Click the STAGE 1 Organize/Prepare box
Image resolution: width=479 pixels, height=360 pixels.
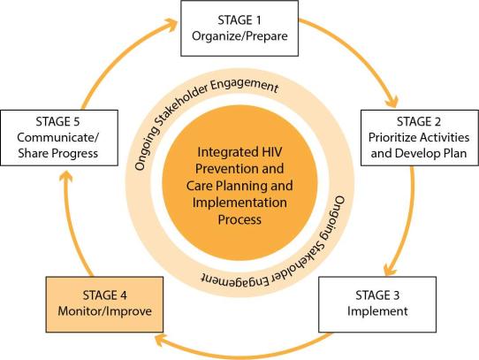click(239, 28)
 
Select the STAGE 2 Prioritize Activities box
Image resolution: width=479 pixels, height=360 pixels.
click(420, 138)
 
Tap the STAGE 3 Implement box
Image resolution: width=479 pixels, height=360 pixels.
click(377, 304)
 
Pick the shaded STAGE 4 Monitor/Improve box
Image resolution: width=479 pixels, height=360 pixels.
click(104, 304)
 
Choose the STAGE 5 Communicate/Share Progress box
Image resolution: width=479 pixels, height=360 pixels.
click(59, 138)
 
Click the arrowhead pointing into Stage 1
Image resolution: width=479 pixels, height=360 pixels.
click(171, 25)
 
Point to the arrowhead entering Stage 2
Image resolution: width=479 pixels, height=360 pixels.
click(391, 101)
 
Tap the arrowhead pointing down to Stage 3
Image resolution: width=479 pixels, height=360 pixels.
click(390, 269)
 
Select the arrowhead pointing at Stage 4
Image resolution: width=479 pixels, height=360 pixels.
click(162, 340)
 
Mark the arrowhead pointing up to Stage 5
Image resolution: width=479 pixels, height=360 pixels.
click(66, 178)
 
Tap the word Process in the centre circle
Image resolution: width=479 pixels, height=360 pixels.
click(239, 219)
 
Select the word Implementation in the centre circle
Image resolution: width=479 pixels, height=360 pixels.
click(239, 203)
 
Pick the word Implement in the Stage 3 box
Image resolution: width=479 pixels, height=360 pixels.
click(377, 311)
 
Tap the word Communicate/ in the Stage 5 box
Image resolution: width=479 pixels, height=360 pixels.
click(58, 137)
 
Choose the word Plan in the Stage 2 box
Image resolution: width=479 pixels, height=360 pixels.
click(453, 153)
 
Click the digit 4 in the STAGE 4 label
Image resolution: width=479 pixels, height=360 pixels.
click(123, 295)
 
